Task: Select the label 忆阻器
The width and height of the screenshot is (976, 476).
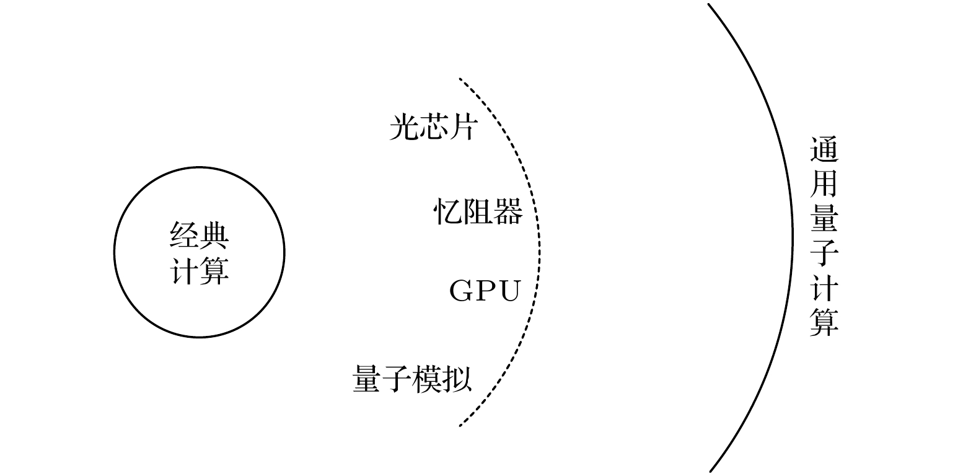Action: [x=478, y=211]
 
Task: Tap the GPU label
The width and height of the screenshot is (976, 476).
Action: [x=485, y=291]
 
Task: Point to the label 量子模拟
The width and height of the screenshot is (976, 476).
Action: [x=412, y=379]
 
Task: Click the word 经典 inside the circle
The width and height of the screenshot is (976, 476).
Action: [x=200, y=236]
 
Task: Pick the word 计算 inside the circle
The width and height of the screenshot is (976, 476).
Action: [x=200, y=270]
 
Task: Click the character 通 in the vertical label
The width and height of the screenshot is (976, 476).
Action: [x=824, y=151]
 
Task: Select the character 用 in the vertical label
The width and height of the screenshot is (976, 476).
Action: [x=824, y=184]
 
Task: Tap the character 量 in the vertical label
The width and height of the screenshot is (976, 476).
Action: [x=824, y=219]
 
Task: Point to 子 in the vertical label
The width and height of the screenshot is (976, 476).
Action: [x=824, y=252]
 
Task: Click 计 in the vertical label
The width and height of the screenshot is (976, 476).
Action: [x=824, y=287]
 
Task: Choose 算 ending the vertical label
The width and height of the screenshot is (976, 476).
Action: [x=824, y=321]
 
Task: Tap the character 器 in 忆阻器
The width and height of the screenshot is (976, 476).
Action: [x=508, y=211]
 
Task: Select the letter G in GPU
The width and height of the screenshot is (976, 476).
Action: [x=462, y=291]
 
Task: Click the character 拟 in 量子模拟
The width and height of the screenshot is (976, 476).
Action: [x=457, y=379]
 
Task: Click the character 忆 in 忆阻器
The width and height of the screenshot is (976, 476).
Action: [x=448, y=211]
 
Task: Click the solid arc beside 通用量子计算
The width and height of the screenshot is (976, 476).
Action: [x=793, y=236]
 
